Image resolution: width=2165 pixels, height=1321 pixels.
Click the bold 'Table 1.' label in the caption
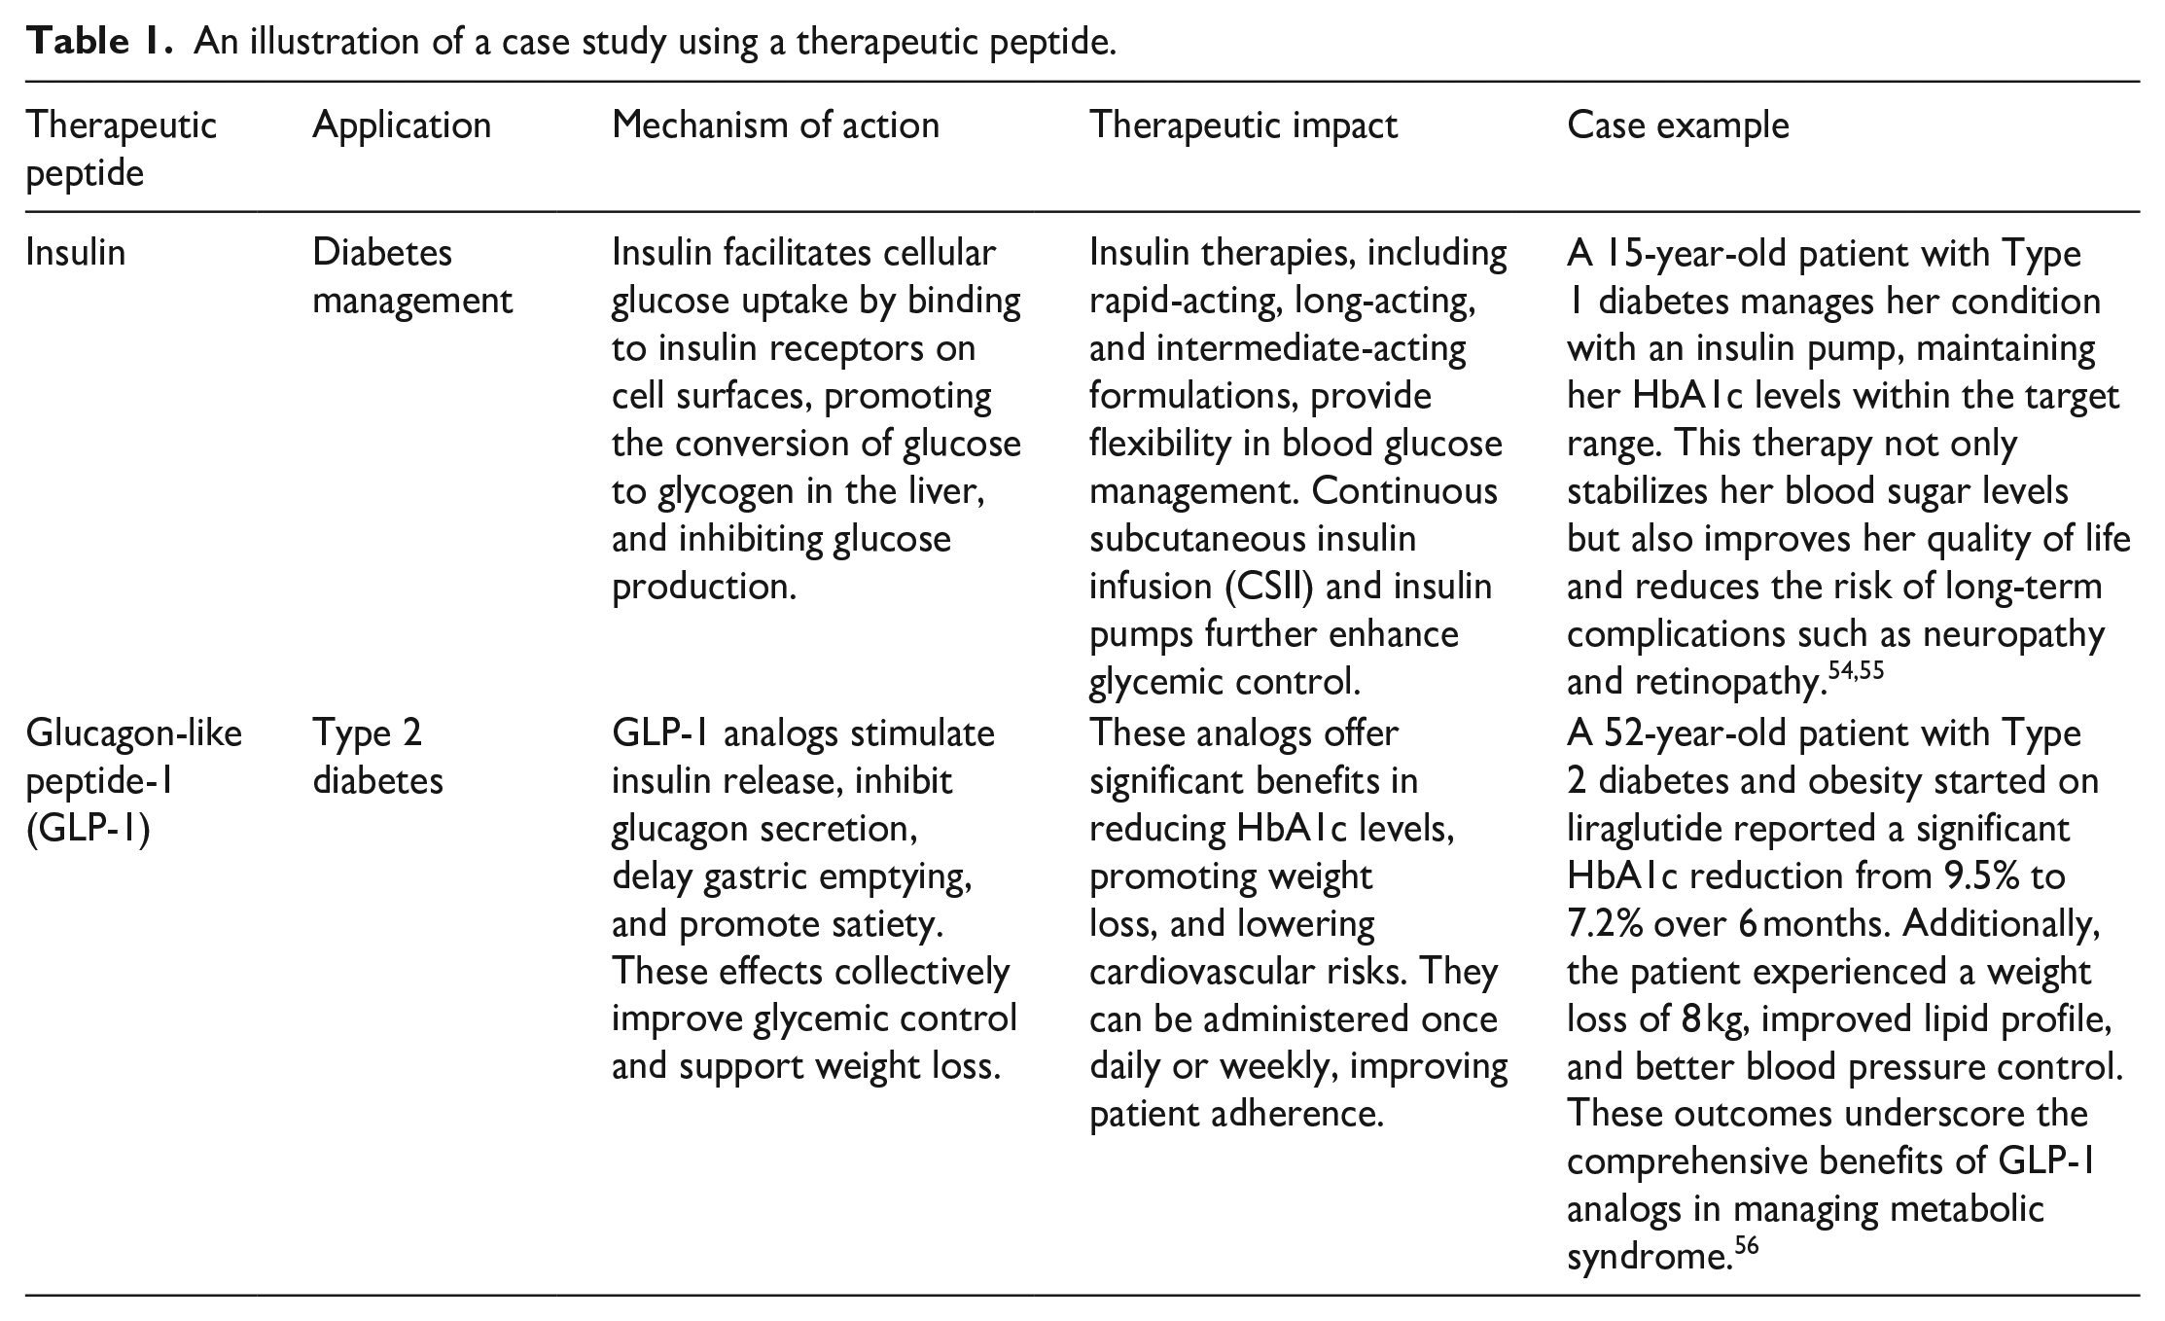[98, 43]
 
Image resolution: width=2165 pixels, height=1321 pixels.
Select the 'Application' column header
[402, 125]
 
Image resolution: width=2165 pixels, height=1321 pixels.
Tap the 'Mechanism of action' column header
[775, 125]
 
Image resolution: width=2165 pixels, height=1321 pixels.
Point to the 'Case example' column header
[1678, 125]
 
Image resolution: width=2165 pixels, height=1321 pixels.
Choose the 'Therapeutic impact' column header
[1243, 125]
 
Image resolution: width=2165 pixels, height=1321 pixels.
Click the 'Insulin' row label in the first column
[75, 253]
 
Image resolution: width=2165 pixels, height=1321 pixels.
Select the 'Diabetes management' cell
[411, 276]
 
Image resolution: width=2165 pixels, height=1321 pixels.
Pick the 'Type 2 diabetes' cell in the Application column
[377, 756]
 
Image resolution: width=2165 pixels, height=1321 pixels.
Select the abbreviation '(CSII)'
[1261, 587]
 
